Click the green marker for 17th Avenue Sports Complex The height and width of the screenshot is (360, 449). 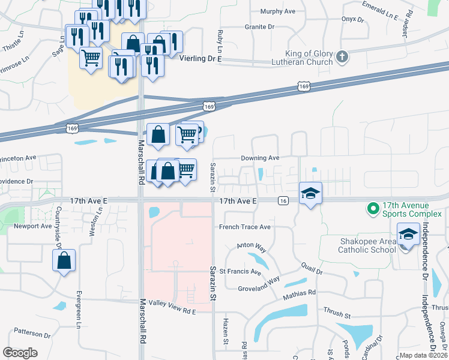coord(373,209)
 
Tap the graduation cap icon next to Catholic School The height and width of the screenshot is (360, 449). coord(408,234)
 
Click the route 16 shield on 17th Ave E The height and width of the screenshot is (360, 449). coord(283,202)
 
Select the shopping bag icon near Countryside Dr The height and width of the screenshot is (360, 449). coord(64,260)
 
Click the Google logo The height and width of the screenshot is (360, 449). coord(20,352)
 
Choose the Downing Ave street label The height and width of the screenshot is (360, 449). coord(261,158)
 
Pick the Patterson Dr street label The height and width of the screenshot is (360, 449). coord(33,333)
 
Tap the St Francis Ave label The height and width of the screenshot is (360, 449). coord(240,272)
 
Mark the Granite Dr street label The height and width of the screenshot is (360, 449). coord(259,27)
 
